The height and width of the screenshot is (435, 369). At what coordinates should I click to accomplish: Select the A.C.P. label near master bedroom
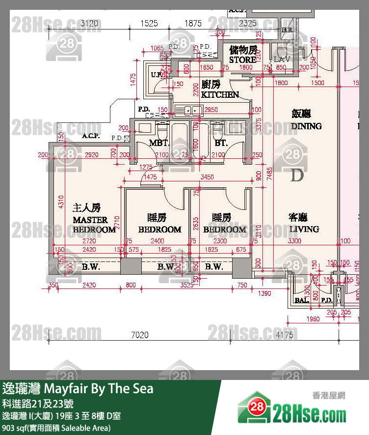pyautogui.click(x=91, y=136)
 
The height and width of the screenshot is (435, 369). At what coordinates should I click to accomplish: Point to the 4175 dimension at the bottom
pyautogui.click(x=285, y=335)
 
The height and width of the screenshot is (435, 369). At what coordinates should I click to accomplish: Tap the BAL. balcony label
pyautogui.click(x=300, y=300)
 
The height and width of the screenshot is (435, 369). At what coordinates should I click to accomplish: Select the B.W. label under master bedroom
pyautogui.click(x=91, y=267)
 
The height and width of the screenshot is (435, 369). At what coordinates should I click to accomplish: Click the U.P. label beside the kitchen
pyautogui.click(x=156, y=75)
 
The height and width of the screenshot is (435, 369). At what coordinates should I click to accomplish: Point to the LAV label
pyautogui.click(x=283, y=59)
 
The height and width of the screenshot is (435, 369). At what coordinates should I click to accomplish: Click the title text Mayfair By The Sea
pyautogui.click(x=78, y=389)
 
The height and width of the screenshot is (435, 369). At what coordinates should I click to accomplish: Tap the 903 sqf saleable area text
pyautogui.click(x=56, y=428)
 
